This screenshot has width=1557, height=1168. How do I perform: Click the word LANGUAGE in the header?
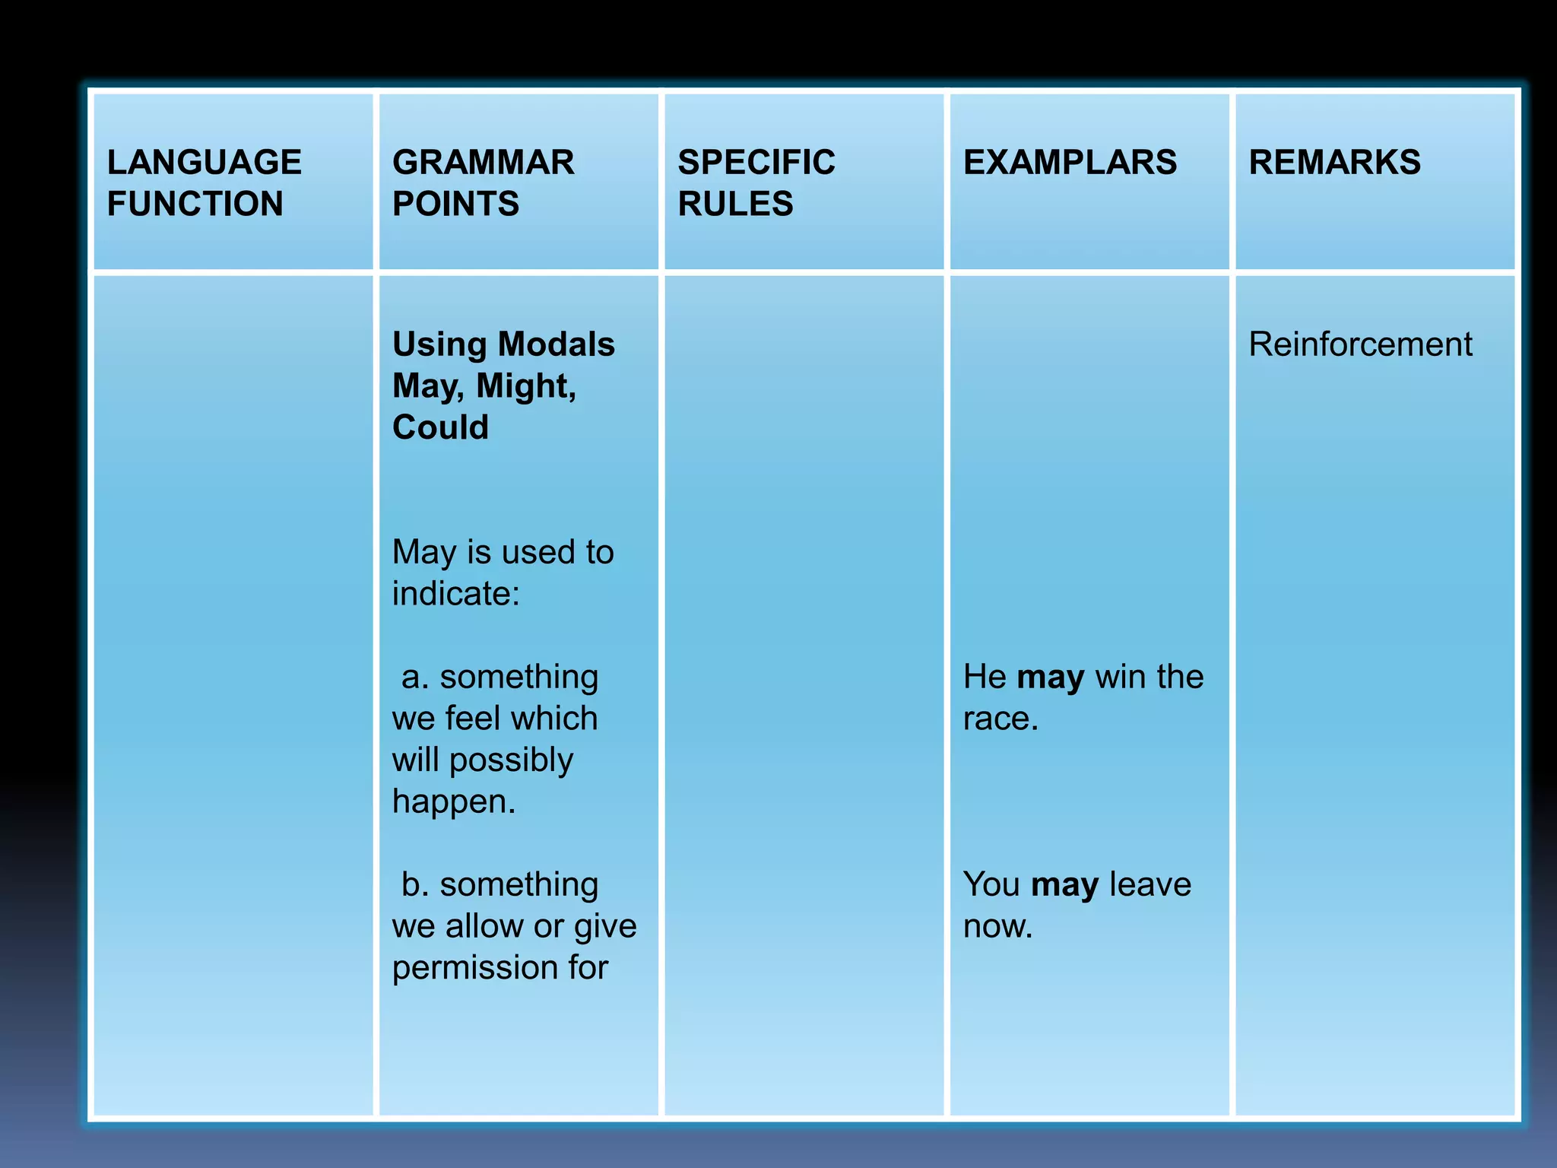[x=205, y=162]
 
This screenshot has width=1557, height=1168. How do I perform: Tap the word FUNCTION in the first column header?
[x=195, y=204]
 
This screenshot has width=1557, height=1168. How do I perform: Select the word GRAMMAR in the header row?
[x=484, y=162]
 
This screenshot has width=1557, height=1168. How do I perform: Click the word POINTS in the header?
[x=456, y=204]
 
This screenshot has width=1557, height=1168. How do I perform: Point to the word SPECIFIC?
[x=756, y=162]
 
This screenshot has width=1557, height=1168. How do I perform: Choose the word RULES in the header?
[x=735, y=204]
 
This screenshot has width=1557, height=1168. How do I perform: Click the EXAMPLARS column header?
[x=1070, y=162]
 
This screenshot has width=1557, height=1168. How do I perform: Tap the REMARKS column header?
[x=1334, y=162]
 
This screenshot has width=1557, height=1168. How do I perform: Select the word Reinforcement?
[x=1360, y=344]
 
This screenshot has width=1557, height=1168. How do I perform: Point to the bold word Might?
[x=526, y=386]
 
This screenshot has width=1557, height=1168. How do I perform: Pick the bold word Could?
[x=440, y=427]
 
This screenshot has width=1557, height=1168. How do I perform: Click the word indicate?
[x=455, y=594]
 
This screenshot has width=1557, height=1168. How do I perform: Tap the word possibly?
[x=511, y=760]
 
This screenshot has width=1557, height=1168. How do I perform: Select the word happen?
[x=453, y=801]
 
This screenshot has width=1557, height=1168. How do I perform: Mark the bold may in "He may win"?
[x=1051, y=678]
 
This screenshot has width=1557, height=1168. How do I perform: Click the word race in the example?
[x=999, y=719]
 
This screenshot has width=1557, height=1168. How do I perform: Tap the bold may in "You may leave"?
[x=1064, y=885]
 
